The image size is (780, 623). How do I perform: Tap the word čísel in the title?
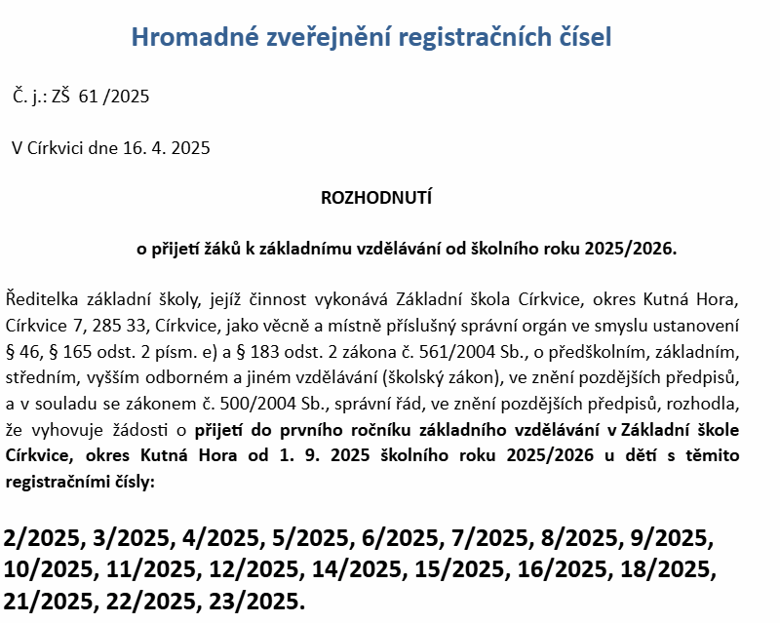pyautogui.click(x=581, y=38)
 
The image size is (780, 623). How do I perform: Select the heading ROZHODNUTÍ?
pyautogui.click(x=375, y=198)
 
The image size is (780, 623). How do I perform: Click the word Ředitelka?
pyautogui.click(x=40, y=296)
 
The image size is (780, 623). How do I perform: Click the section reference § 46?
pyautogui.click(x=23, y=349)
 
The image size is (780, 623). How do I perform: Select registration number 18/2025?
pyautogui.click(x=672, y=567)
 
